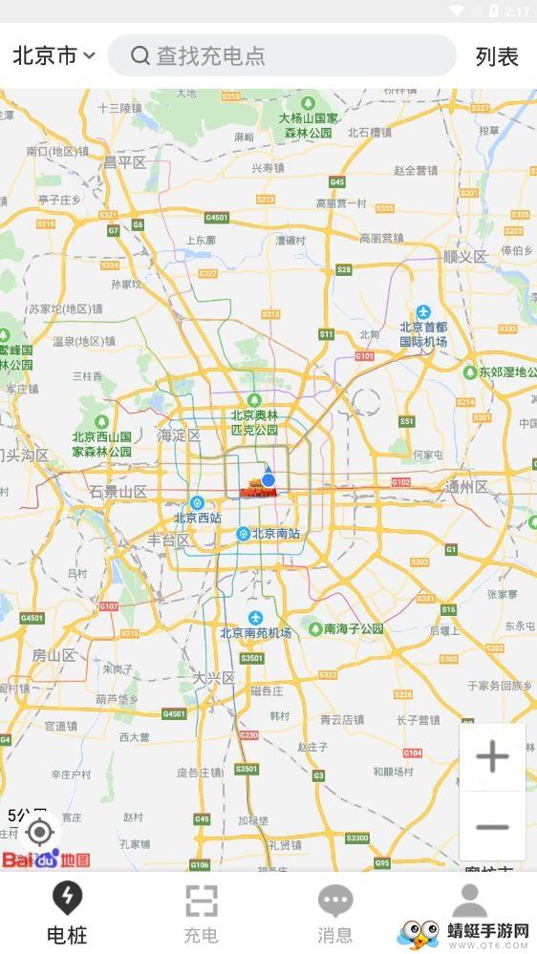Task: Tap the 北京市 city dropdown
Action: click(x=54, y=56)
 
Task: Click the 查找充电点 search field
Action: click(x=282, y=56)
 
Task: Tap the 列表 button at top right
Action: click(x=497, y=56)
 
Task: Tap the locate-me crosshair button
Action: click(x=39, y=833)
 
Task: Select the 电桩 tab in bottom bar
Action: click(x=67, y=912)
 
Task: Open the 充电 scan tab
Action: click(x=201, y=912)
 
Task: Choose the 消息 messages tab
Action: click(x=335, y=912)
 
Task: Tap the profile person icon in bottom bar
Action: click(x=469, y=902)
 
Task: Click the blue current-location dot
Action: click(x=268, y=479)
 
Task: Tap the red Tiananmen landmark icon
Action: click(x=254, y=488)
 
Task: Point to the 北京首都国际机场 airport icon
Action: click(x=423, y=312)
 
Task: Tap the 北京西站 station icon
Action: click(x=197, y=503)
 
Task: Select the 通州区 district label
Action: click(x=466, y=487)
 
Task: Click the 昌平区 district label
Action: click(x=125, y=162)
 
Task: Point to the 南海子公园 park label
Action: click(x=354, y=628)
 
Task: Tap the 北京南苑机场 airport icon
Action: click(x=255, y=617)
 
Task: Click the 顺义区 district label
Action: click(x=465, y=256)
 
